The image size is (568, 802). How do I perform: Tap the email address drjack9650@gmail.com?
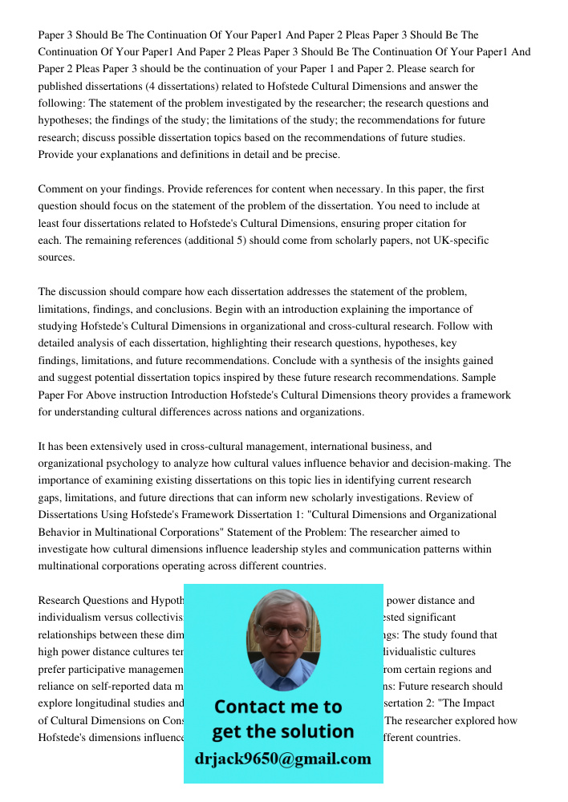tap(283, 759)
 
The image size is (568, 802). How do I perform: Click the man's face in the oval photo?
tap(282, 634)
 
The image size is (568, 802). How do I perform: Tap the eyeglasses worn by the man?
tap(282, 630)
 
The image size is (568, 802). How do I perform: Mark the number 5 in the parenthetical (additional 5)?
tap(264, 241)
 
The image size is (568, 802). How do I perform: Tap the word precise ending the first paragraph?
tap(323, 155)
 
